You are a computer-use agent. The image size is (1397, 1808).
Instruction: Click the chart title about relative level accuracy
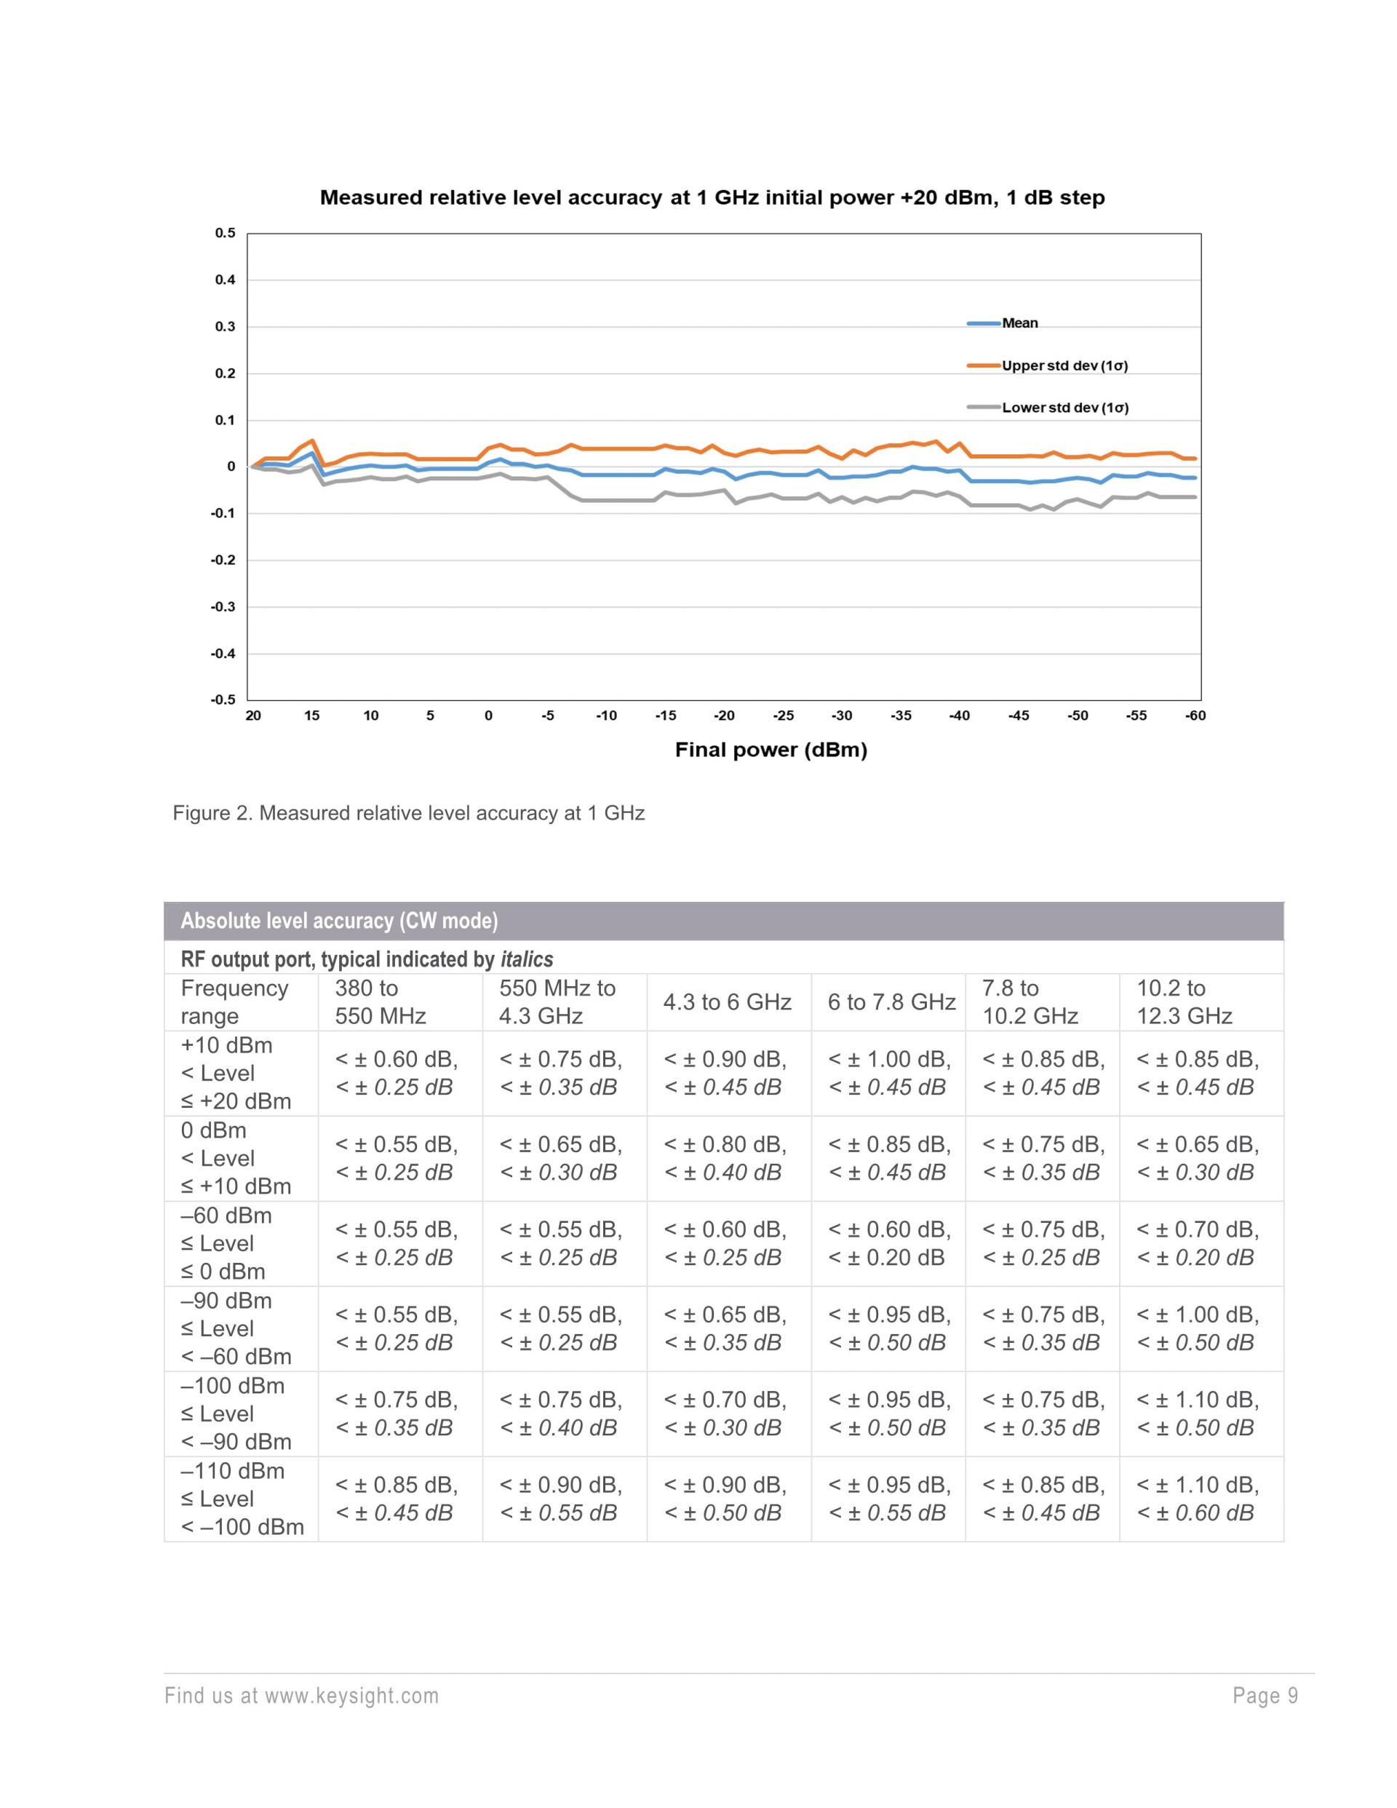click(712, 198)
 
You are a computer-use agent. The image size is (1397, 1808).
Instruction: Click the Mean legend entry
click(1019, 323)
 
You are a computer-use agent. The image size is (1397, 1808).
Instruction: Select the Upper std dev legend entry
click(1064, 366)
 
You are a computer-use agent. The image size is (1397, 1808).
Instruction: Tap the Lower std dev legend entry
click(1064, 408)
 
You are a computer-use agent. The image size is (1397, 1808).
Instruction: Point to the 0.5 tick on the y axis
click(225, 234)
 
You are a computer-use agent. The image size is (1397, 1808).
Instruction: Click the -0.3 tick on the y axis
click(223, 607)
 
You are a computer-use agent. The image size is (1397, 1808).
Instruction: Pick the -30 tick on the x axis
click(841, 716)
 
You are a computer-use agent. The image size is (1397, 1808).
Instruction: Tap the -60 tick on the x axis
click(1194, 716)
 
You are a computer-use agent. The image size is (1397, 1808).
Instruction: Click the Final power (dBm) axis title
click(771, 750)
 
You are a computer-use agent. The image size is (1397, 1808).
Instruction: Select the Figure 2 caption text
click(408, 813)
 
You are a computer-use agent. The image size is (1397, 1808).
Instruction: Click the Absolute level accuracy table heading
click(339, 921)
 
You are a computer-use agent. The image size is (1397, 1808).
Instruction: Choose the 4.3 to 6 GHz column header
click(727, 1002)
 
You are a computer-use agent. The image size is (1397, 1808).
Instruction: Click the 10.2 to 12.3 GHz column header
click(1184, 1002)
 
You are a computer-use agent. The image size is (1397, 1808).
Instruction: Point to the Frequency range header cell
click(234, 1002)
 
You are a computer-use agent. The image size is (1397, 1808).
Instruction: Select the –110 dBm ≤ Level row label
click(242, 1499)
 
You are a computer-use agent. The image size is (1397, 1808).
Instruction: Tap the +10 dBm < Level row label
click(236, 1073)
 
